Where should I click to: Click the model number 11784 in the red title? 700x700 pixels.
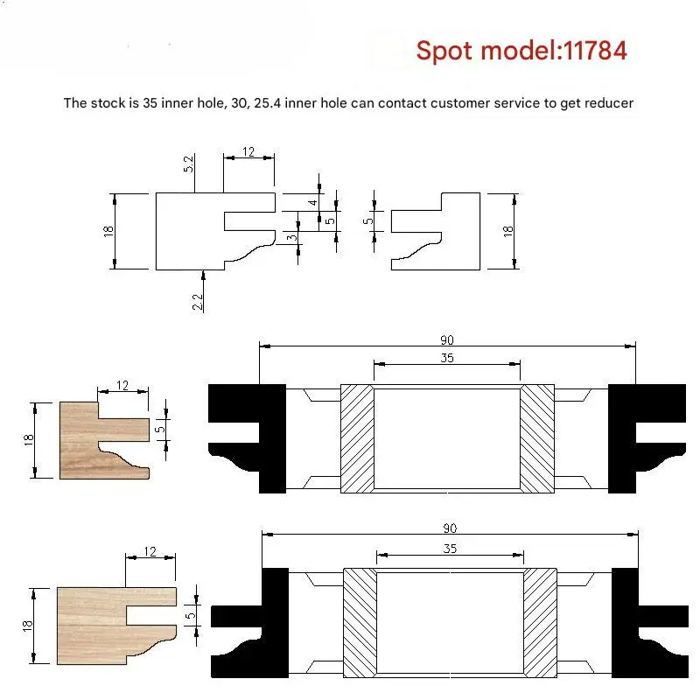coord(595,51)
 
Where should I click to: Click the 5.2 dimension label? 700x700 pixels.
coord(189,164)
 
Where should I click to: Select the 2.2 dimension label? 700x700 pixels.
coord(198,302)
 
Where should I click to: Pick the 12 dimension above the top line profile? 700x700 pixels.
coord(248,151)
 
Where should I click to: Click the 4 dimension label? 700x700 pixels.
coord(313,203)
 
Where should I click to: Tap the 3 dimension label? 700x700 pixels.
coord(291,237)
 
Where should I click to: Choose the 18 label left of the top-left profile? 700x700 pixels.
coord(108,231)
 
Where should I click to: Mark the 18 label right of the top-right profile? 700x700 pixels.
coord(508,231)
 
